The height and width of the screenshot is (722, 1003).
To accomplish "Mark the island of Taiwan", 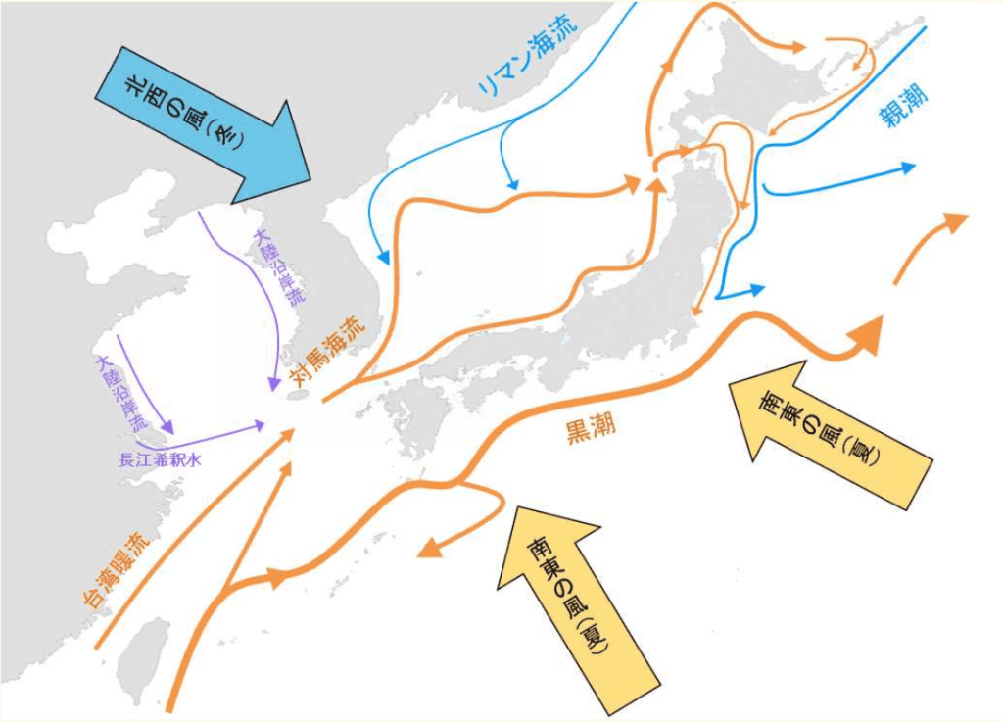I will pos(143,651).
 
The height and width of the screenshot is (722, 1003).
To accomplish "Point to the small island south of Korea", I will pos(302,393).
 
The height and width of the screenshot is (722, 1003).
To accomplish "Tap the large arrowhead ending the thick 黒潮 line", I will pos(866,336).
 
